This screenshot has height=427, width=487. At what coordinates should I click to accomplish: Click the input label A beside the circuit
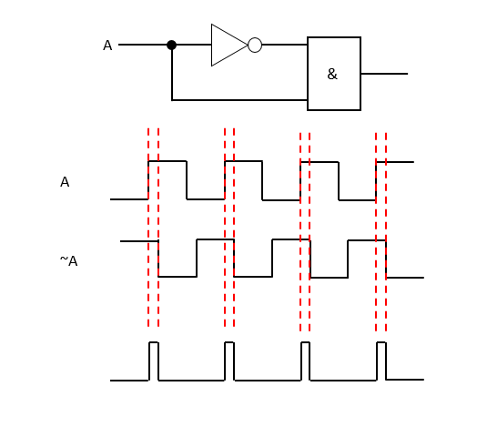coord(107,46)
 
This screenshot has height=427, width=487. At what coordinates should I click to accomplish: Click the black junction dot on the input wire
coord(171,45)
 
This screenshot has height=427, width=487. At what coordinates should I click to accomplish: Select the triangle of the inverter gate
coord(227,45)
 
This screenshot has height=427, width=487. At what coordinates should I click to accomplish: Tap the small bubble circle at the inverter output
coord(255,45)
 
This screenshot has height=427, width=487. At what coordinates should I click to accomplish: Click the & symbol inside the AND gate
coord(332,75)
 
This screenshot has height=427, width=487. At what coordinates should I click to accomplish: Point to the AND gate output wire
coord(383,74)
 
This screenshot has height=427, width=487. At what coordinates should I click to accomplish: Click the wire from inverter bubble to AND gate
coord(284,45)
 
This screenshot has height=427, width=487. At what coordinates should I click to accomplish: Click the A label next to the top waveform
coord(65,182)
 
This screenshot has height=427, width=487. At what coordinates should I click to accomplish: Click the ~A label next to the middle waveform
coord(68,261)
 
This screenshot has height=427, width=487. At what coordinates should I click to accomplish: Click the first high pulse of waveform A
coord(167,161)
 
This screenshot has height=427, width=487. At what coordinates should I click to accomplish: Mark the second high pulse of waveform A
coord(243,161)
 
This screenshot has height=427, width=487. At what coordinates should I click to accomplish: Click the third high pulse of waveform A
coord(320,162)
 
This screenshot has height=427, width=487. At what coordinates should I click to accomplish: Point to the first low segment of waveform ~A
coord(178,277)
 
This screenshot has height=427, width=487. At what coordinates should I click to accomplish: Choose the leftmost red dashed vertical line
coord(148,228)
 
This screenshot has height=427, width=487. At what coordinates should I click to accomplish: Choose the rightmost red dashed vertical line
coord(386,228)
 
